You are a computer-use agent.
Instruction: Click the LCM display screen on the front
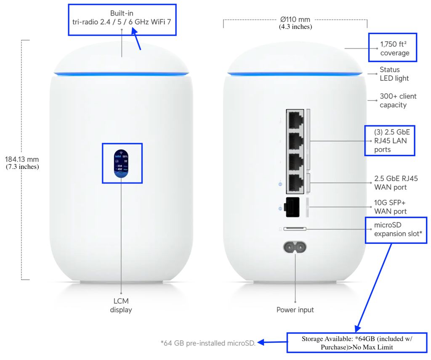coord(122,163)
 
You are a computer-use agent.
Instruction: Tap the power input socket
coord(295,246)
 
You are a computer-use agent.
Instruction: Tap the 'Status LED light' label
coord(394,74)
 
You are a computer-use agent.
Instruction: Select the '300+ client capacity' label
coord(398,101)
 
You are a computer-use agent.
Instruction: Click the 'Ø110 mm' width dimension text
coord(295,19)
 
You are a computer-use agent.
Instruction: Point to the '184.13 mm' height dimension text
coord(22,159)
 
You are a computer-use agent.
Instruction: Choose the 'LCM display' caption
coord(121,305)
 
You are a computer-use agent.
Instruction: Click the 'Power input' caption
coord(295,310)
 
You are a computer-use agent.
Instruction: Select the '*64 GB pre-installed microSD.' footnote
coord(208,343)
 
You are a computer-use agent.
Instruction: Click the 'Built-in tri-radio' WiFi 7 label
coord(122,17)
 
